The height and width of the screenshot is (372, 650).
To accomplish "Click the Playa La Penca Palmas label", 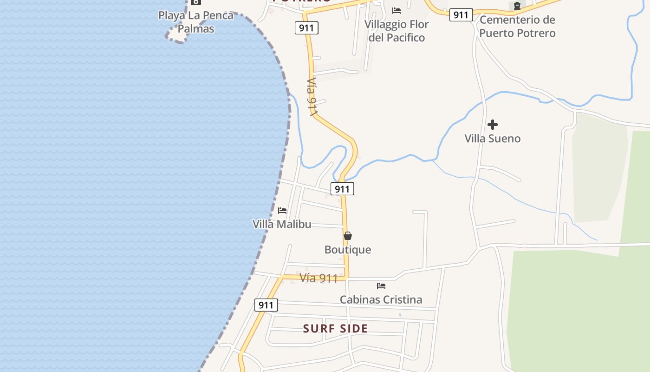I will point(196,22).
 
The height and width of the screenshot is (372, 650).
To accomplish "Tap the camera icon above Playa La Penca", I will point(195,2).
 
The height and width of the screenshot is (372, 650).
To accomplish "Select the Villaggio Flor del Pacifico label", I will point(396,31).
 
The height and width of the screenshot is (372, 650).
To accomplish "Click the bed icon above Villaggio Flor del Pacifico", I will point(396,10).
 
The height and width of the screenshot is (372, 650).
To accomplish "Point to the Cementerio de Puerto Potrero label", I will point(517,27).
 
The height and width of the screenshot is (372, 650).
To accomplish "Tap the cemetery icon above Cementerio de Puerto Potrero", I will point(517,6).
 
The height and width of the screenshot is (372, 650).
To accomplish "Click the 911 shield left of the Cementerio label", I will point(461,15).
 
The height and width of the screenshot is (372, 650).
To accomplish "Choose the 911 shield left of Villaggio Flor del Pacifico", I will point(306,28).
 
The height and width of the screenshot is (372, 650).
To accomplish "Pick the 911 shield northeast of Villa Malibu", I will point(342,189).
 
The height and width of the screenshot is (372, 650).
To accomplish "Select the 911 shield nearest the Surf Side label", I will point(266,305).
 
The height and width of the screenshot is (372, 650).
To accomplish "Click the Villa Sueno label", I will point(493,139).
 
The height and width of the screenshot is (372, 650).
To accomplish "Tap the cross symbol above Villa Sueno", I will point(493,125).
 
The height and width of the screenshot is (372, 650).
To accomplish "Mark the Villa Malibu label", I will point(282,224).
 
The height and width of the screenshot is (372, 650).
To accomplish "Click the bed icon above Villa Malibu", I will point(282,210).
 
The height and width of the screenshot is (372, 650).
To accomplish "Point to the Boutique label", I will point(348,250).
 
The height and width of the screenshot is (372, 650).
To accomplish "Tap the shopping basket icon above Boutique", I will point(348,236).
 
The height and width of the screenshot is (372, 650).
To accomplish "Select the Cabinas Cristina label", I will point(381,299).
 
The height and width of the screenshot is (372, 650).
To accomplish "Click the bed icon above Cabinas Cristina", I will point(381,286).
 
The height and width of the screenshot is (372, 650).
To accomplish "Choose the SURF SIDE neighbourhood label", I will point(335,329).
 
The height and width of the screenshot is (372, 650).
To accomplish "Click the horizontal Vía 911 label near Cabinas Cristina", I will point(318,279).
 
